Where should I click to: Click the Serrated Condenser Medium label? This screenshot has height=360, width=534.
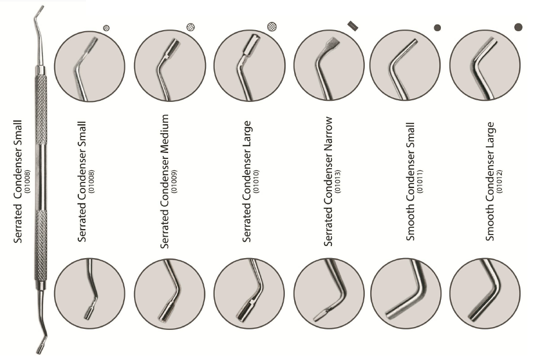[x=164, y=181]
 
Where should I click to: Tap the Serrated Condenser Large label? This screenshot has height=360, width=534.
[x=246, y=181]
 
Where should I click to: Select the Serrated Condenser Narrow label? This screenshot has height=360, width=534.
[x=328, y=181]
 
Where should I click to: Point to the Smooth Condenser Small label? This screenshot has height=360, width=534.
[x=411, y=181]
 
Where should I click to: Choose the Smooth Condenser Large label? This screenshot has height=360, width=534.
[x=490, y=181]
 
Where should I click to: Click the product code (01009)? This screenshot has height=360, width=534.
[x=174, y=181]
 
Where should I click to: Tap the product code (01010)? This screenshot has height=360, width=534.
[x=256, y=181]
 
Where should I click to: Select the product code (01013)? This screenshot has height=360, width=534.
[x=338, y=181]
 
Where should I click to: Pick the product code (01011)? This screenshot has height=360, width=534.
[x=420, y=181]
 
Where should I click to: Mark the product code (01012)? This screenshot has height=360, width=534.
[x=499, y=181]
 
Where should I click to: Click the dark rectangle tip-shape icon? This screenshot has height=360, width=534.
[x=353, y=26]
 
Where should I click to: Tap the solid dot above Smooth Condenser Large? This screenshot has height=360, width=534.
[x=518, y=27]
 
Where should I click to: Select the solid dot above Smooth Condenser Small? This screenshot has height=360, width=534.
[x=437, y=28]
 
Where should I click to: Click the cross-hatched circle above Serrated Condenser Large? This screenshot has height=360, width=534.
[x=272, y=26]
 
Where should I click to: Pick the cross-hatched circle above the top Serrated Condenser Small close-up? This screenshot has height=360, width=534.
[x=106, y=28]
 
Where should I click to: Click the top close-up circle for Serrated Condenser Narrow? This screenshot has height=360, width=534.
[x=329, y=65]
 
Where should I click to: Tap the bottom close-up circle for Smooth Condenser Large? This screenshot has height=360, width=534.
[x=485, y=294]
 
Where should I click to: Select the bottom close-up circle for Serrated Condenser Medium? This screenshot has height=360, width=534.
[x=170, y=294]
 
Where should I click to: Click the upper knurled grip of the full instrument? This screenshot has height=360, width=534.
[x=41, y=109]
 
